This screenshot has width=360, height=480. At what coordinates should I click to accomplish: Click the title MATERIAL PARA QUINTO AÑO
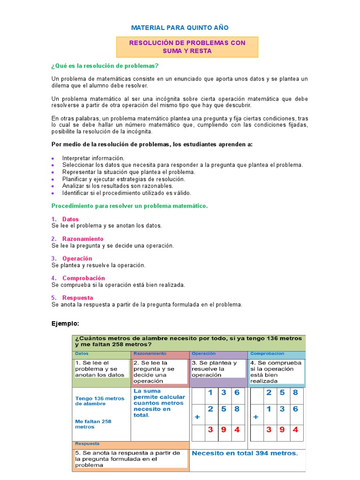180,28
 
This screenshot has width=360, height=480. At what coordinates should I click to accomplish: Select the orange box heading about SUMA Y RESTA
187,47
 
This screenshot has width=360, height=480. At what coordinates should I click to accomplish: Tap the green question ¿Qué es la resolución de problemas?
105,66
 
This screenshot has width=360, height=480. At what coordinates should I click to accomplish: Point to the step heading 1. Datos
65,219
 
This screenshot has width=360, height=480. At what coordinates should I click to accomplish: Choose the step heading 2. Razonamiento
77,239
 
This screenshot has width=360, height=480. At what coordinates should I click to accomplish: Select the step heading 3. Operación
72,258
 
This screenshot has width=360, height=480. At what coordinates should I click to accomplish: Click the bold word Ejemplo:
65,323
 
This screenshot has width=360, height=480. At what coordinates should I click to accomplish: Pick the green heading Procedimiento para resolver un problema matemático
129,206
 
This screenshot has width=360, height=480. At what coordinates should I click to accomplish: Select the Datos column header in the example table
82,353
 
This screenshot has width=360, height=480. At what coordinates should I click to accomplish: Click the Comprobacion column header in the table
267,353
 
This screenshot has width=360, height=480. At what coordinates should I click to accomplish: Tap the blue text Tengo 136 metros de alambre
100,401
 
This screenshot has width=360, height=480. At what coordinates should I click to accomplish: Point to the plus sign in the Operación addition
197,416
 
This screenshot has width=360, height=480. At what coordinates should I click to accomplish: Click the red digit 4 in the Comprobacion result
295,429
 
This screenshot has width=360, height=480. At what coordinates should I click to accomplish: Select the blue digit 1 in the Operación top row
211,393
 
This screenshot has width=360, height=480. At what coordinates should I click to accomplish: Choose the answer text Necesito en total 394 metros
244,453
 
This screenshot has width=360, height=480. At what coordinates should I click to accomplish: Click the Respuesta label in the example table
87,443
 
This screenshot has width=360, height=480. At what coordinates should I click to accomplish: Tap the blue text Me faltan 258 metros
93,424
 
